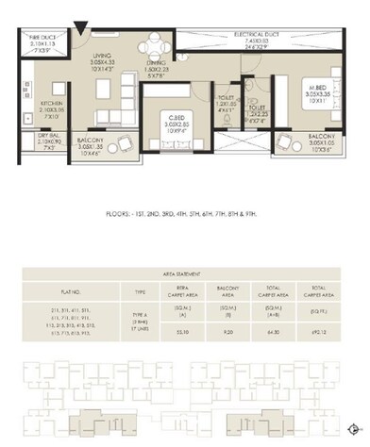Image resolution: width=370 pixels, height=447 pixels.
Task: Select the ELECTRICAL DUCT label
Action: pyautogui.click(x=254, y=37)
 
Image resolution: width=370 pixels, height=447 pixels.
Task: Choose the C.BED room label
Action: pyautogui.click(x=170, y=117)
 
